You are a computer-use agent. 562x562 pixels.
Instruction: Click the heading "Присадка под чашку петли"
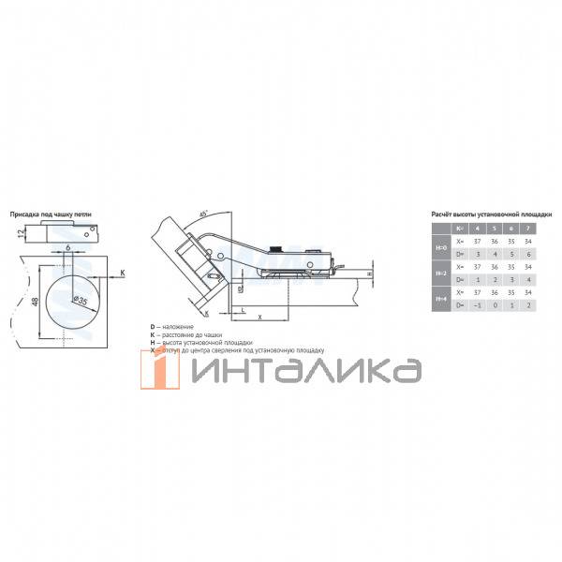click(51, 215)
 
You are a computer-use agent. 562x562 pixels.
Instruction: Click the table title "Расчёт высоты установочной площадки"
click(491, 214)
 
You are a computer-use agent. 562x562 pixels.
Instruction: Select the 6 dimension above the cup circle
click(68, 248)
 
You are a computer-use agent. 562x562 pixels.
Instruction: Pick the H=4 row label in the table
click(441, 298)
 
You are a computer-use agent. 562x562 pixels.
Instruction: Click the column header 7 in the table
click(529, 228)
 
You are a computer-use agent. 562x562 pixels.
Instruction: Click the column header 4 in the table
click(476, 228)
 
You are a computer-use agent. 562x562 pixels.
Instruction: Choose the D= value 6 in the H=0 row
click(529, 253)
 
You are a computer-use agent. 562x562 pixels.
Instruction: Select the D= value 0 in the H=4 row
click(494, 304)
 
